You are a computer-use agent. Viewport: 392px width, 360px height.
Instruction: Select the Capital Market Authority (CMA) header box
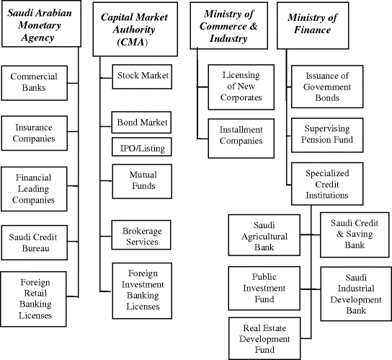(135, 30)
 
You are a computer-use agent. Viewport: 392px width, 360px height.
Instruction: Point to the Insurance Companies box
(34, 133)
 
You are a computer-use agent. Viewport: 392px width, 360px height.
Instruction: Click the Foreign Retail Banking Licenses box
(34, 297)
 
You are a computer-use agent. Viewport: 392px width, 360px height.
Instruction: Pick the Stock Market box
(142, 75)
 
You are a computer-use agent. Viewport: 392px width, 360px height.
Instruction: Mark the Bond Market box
(142, 122)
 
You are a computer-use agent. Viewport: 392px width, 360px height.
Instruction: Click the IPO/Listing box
(142, 148)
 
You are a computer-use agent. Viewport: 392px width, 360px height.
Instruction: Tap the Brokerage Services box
(142, 237)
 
